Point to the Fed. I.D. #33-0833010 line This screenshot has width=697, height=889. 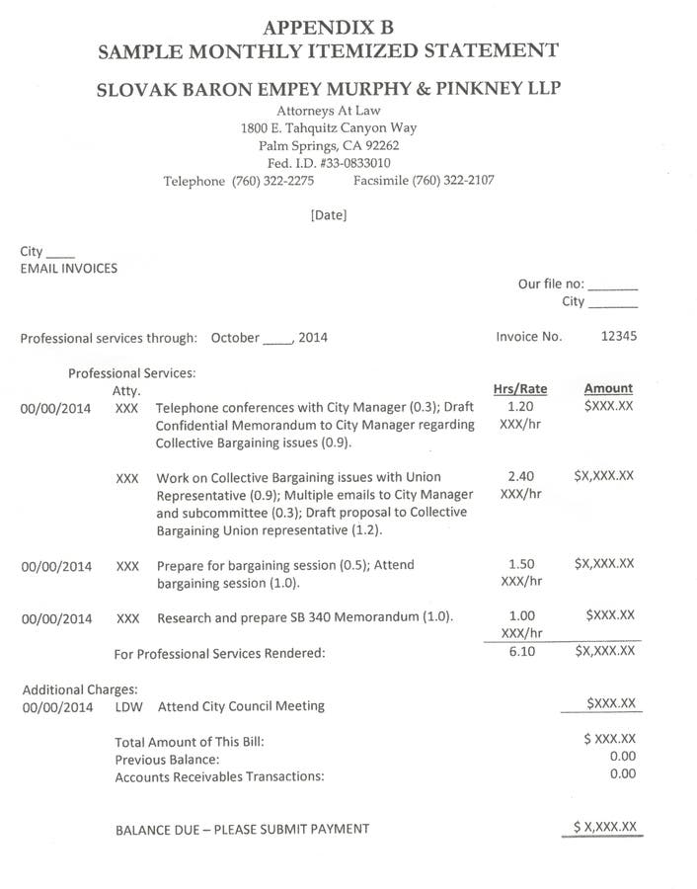[x=329, y=163]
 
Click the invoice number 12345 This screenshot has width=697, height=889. [x=618, y=336]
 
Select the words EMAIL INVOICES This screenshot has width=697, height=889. [x=68, y=268]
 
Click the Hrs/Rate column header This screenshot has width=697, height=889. [x=519, y=388]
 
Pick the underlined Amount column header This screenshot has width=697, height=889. [x=608, y=388]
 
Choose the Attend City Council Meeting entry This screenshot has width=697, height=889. [x=241, y=706]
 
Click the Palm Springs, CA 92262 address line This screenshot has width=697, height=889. [x=329, y=145]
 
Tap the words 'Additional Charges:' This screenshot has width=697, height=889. [x=80, y=689]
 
